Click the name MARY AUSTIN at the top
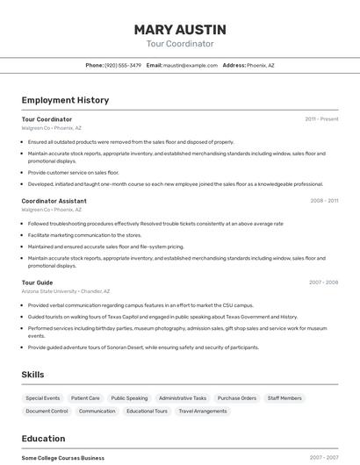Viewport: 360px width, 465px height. click(x=179, y=29)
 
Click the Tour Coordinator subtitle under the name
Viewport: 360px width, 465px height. click(x=179, y=44)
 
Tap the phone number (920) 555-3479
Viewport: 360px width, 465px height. click(x=122, y=65)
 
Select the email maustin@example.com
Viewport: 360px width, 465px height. click(x=191, y=65)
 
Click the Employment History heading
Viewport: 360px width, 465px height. click(x=65, y=100)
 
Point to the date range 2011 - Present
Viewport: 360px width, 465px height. click(x=321, y=118)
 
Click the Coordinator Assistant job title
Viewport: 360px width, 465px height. click(x=54, y=201)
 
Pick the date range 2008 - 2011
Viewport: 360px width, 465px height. click(x=323, y=201)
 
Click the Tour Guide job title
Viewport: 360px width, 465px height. click(x=37, y=283)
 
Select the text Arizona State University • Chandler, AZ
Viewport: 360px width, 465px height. click(x=66, y=291)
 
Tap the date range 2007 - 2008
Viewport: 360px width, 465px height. click(x=323, y=283)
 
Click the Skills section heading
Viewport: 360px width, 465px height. click(x=32, y=375)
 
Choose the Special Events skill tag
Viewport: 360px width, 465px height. click(x=43, y=398)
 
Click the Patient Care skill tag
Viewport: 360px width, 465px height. click(x=85, y=398)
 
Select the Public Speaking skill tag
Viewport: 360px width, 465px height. click(x=129, y=398)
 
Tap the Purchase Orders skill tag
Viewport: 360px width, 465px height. click(x=237, y=398)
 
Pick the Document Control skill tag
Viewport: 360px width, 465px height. click(x=47, y=411)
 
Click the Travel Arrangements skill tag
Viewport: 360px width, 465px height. click(x=202, y=411)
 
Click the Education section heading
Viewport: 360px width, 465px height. click(x=43, y=439)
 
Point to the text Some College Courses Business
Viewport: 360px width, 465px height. click(x=62, y=458)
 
